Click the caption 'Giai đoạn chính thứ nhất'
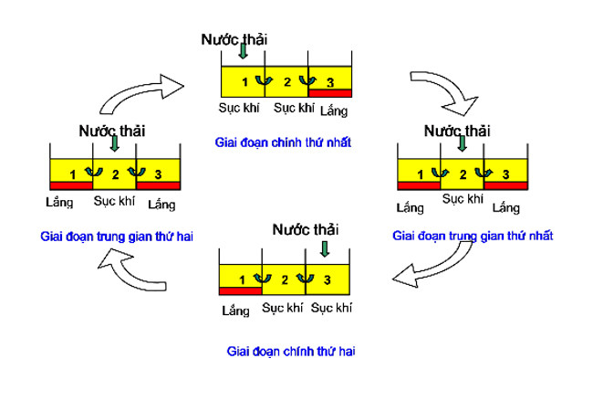coord(283,142)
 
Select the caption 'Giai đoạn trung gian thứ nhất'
coord(473,236)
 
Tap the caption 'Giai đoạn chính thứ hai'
coord(290,351)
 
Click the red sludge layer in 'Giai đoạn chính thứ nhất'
coord(330,93)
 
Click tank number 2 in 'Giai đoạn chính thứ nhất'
coord(286,82)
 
